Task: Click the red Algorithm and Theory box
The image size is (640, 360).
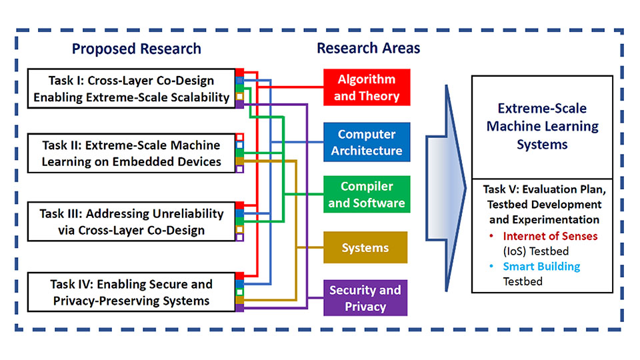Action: click(x=367, y=87)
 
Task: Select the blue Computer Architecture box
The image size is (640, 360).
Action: click(x=367, y=142)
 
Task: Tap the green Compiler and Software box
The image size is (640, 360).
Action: click(x=367, y=194)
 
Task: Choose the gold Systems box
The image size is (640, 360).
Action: click(x=365, y=247)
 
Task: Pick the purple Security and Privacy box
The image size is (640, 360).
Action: click(x=365, y=298)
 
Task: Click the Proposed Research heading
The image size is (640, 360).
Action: click(x=136, y=49)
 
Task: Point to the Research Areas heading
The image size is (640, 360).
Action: click(x=368, y=48)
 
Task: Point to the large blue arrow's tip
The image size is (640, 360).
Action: click(x=465, y=188)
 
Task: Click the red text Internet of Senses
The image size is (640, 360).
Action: click(x=550, y=236)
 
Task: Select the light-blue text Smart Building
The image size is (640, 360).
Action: click(x=541, y=267)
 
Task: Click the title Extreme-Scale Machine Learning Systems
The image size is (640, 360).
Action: click(x=542, y=126)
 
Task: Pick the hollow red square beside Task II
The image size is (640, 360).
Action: click(x=239, y=137)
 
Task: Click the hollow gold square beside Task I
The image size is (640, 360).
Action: click(x=239, y=96)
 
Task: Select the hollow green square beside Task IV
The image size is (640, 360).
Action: click(x=239, y=292)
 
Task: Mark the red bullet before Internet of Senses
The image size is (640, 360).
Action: click(x=491, y=236)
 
